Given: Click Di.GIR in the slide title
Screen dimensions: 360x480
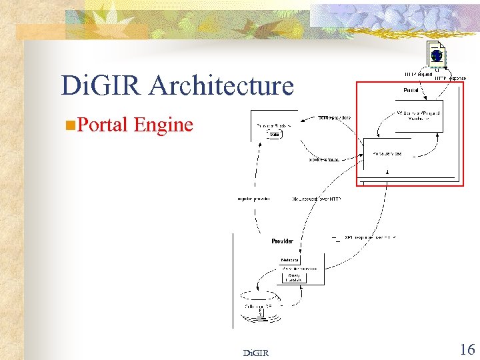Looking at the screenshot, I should (x=102, y=86).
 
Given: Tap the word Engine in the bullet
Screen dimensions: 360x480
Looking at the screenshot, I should (x=163, y=125).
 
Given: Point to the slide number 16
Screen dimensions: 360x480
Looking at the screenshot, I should (x=467, y=349).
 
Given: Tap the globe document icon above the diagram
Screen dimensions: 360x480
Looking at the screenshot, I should (x=436, y=57).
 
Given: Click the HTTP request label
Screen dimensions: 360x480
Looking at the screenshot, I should (x=418, y=74).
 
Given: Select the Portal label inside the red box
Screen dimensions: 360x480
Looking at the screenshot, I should (x=411, y=90).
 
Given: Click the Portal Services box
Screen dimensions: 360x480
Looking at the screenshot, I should (x=387, y=153).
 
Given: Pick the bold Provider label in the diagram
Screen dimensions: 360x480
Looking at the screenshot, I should (x=282, y=241).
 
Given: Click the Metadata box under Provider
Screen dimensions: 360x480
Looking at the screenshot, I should (x=289, y=259).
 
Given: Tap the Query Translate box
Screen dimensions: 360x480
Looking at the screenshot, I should (x=295, y=277).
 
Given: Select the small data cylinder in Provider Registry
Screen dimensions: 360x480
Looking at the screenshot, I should (x=274, y=135).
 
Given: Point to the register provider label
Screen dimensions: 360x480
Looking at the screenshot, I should (x=253, y=199).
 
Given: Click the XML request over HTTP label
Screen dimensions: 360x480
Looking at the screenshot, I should (x=317, y=199).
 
